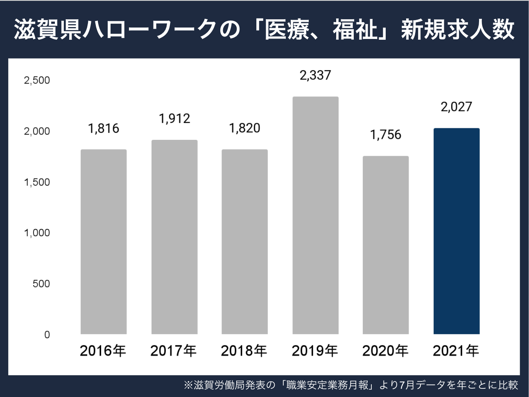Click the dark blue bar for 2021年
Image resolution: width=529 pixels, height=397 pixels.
click(x=456, y=231)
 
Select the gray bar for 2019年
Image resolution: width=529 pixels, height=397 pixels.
click(x=315, y=215)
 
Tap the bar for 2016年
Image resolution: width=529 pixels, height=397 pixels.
click(x=104, y=242)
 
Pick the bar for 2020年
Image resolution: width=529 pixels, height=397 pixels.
click(x=386, y=245)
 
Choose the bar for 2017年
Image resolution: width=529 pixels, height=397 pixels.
click(x=174, y=237)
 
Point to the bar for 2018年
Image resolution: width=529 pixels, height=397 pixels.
click(x=244, y=242)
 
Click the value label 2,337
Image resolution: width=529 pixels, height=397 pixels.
click(x=315, y=75)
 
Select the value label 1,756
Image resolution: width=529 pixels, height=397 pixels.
click(x=386, y=135)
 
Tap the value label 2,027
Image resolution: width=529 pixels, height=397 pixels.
click(x=456, y=107)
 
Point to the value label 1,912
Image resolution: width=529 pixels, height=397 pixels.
click(x=174, y=119)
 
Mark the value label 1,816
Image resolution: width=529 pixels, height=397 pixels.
click(x=104, y=129)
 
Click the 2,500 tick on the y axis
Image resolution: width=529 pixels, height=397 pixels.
click(x=37, y=80)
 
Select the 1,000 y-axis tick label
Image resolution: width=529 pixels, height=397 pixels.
click(x=37, y=233)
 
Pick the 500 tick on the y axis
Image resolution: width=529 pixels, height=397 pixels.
click(x=41, y=284)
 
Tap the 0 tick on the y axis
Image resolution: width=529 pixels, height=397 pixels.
click(x=47, y=335)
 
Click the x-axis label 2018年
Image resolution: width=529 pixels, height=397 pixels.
click(x=244, y=351)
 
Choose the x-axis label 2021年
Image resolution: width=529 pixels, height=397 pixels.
click(x=456, y=351)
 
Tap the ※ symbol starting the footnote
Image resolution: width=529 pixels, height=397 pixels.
click(x=188, y=386)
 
